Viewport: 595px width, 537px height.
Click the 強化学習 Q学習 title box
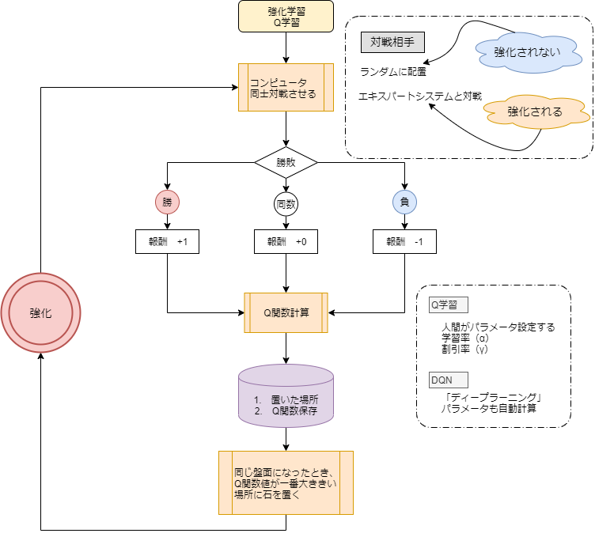[x=286, y=17]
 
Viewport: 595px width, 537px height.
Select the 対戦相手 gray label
[x=392, y=42]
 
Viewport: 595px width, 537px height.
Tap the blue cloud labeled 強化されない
[x=528, y=52]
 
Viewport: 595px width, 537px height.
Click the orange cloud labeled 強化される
[x=536, y=112]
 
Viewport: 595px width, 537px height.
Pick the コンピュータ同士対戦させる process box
[x=286, y=87]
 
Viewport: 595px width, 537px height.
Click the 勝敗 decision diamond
[x=286, y=162]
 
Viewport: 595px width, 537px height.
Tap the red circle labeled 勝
[x=167, y=202]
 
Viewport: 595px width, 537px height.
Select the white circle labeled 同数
[x=286, y=204]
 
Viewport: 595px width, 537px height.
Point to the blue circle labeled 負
[x=404, y=202]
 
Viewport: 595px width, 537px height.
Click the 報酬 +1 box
[x=167, y=242]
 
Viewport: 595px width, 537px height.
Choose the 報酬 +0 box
[x=286, y=242]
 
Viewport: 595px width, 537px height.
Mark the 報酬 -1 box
[x=404, y=242]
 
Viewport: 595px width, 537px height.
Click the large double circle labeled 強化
[x=40, y=313]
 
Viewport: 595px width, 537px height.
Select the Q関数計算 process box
[x=286, y=312]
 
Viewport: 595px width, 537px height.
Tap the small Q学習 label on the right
[x=448, y=304]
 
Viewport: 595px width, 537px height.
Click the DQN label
[x=448, y=380]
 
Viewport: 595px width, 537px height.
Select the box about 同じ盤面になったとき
[x=286, y=482]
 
